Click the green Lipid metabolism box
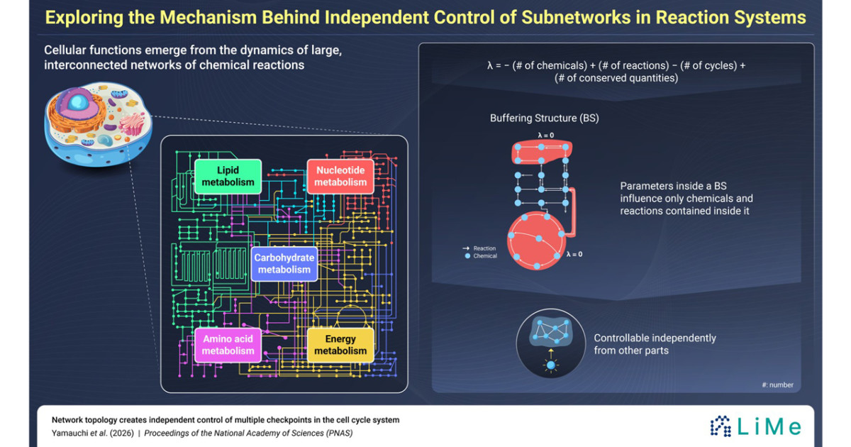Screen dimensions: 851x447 [228, 177]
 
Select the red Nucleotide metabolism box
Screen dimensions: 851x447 [340, 177]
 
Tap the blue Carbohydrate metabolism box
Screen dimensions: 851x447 [284, 264]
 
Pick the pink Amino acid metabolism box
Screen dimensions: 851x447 [228, 345]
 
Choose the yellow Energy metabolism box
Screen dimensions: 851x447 [340, 345]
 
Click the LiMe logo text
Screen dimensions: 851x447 [769, 426]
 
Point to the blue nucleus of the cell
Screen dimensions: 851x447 [79, 102]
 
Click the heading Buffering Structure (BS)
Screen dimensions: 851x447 [545, 118]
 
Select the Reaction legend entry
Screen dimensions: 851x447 [479, 248]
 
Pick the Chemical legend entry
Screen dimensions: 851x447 [481, 256]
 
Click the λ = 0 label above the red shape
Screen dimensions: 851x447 [545, 136]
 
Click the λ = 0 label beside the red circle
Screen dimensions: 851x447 [574, 254]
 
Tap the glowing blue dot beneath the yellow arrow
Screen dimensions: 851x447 [551, 365]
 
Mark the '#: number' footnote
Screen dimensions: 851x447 [777, 385]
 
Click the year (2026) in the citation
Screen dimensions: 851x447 [121, 434]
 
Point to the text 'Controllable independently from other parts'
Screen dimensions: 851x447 [655, 344]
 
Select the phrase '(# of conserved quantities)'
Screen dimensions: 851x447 [616, 78]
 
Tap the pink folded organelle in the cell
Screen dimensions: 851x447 [132, 123]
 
